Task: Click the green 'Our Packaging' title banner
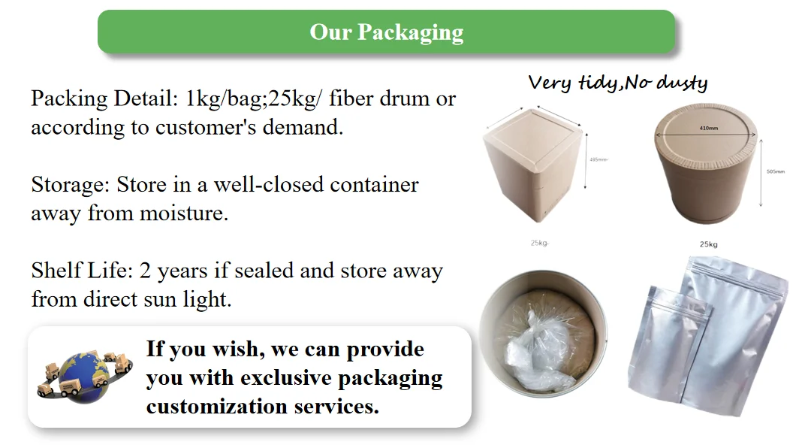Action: point(386,32)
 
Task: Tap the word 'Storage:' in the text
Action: point(71,185)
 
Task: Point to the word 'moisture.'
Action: point(184,213)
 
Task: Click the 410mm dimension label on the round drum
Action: point(708,128)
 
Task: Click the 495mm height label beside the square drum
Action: point(598,159)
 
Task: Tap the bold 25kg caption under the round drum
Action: point(708,244)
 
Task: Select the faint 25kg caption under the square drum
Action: point(540,243)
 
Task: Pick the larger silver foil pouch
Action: point(740,331)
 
